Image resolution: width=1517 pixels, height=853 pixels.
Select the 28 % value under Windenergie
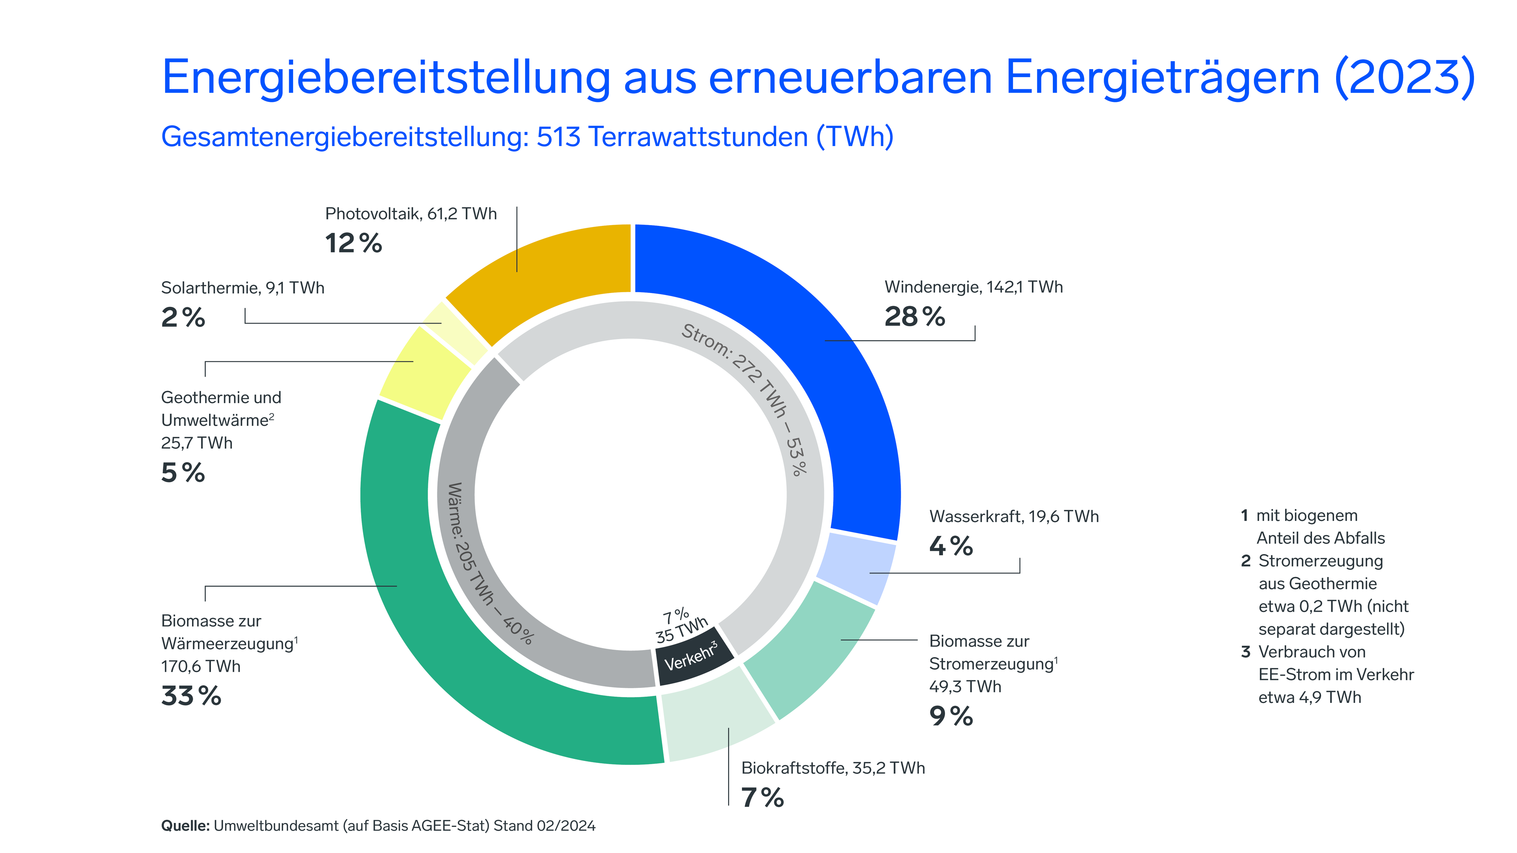[x=914, y=317]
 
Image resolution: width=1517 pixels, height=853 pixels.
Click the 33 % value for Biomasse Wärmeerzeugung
[x=191, y=696]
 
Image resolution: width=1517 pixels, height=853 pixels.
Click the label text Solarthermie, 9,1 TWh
[x=242, y=288]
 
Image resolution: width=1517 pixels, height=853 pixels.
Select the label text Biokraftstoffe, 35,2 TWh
[x=833, y=768]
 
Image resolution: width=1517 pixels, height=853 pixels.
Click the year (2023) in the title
[x=1404, y=77]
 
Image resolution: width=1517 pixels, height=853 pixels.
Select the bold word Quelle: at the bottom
[x=185, y=825]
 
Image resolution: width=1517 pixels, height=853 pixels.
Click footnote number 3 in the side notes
[x=1245, y=652]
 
